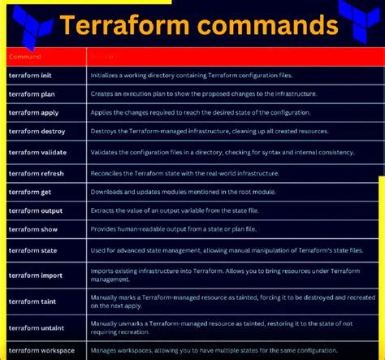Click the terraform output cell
[x=35, y=211]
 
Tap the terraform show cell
[x=32, y=230]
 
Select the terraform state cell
[x=32, y=251]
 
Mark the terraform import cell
[x=35, y=275]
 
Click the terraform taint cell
[x=32, y=301]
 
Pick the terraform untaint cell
[x=36, y=327]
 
